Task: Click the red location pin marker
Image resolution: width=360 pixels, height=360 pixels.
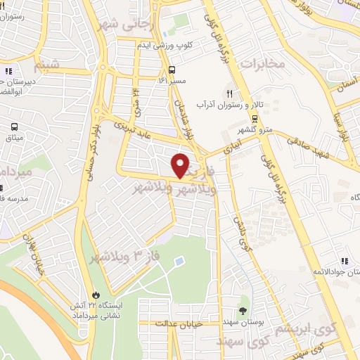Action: point(181,166)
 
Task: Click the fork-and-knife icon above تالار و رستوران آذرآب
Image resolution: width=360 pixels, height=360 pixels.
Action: point(228,93)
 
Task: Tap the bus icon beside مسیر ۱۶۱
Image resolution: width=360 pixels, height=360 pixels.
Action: point(172,69)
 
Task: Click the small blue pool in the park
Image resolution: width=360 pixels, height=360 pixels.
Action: point(178,262)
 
